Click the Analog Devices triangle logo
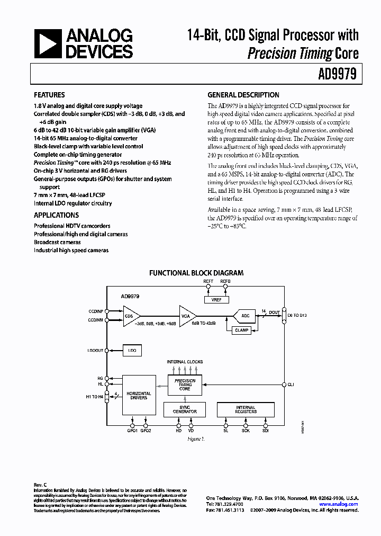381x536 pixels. (x=48, y=44)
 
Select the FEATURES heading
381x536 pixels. (x=49, y=95)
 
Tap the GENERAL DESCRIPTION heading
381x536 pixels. (x=243, y=95)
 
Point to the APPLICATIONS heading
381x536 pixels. (x=56, y=215)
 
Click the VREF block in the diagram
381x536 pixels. (x=216, y=300)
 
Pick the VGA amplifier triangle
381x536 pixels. (x=186, y=316)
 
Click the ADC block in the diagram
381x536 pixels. (x=244, y=316)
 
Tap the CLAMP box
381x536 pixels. (x=242, y=330)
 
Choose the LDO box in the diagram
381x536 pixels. (x=132, y=351)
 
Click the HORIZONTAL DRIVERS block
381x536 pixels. (x=139, y=396)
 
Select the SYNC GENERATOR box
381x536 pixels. (x=185, y=409)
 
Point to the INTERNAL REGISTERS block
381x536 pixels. (x=246, y=409)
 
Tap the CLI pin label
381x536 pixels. (x=291, y=385)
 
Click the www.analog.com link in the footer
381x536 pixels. (x=339, y=504)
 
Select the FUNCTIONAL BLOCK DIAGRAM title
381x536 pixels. (x=196, y=273)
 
